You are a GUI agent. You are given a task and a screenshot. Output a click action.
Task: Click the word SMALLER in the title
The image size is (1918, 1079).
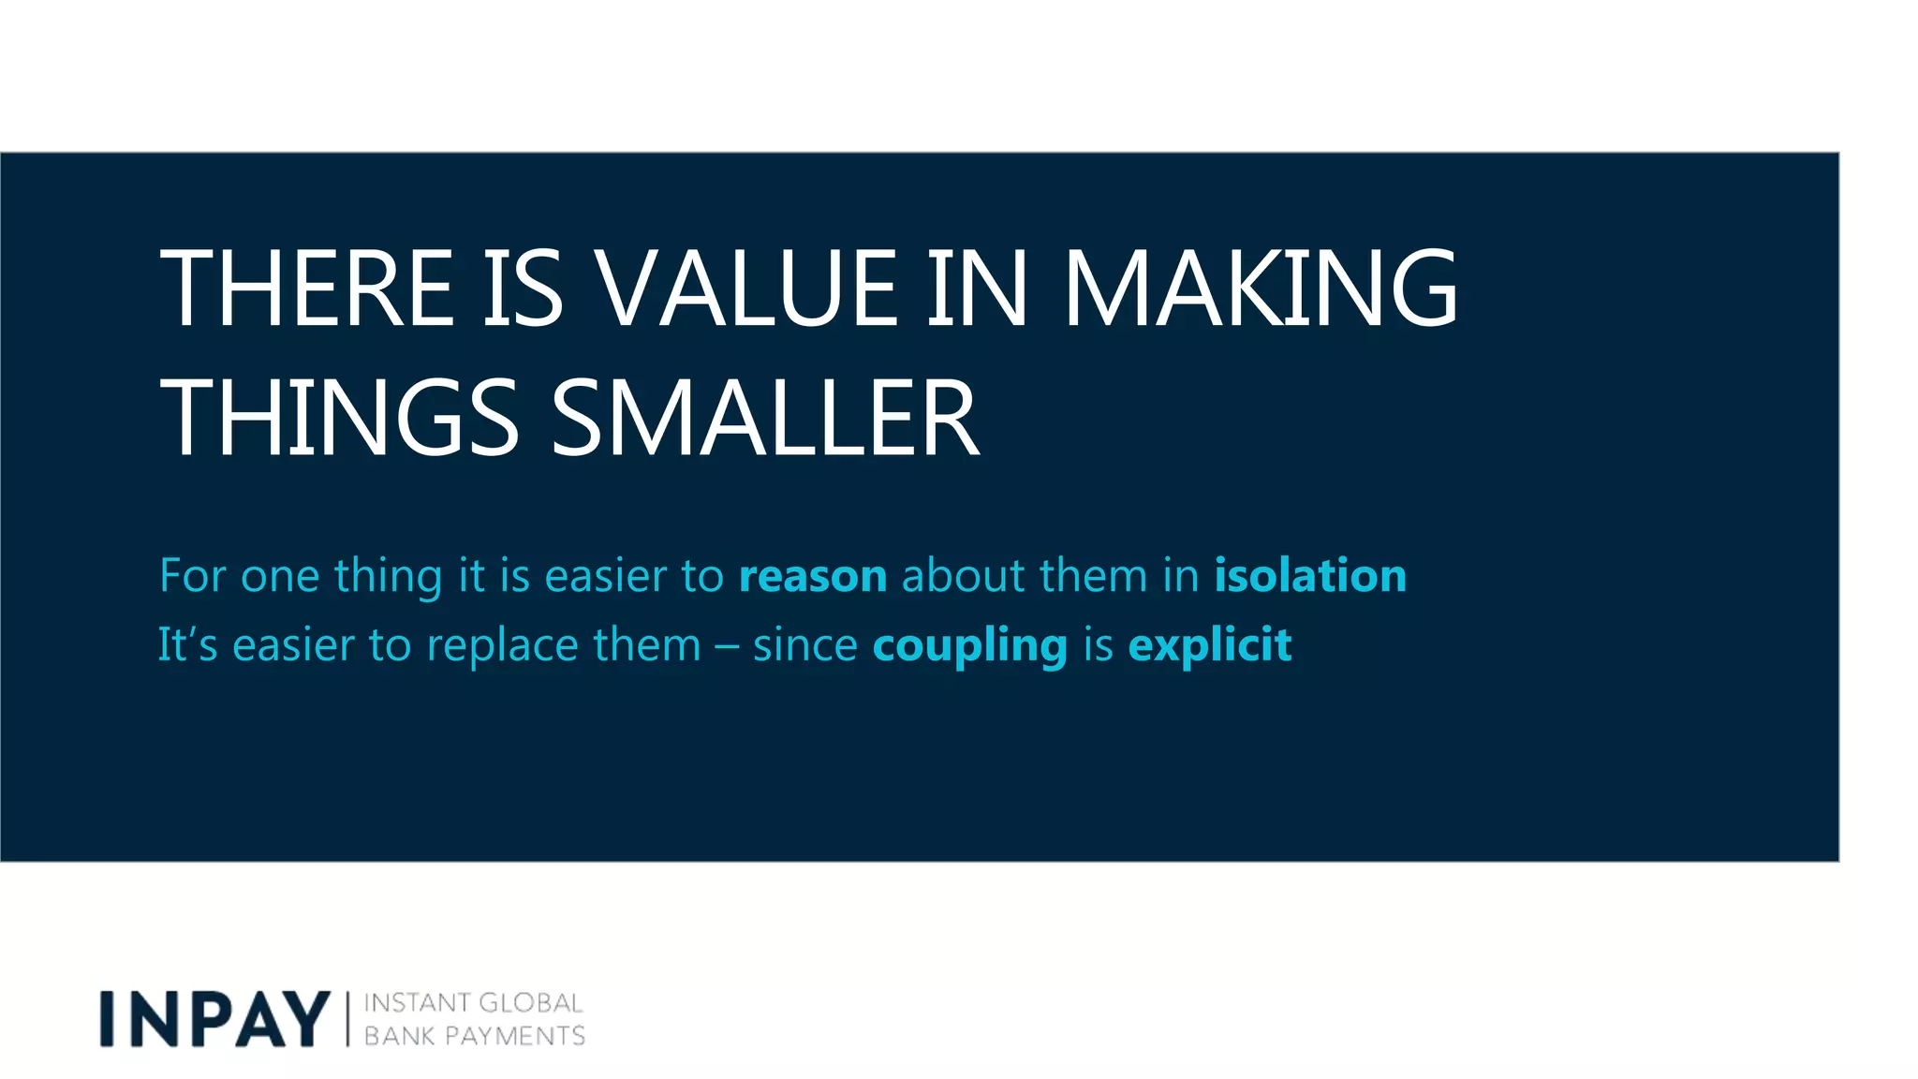[764, 418]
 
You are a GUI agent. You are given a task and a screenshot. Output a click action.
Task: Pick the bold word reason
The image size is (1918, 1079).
[813, 575]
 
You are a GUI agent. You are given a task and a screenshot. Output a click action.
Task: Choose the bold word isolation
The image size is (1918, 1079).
[1310, 575]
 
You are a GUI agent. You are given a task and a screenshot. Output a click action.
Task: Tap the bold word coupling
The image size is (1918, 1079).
[969, 645]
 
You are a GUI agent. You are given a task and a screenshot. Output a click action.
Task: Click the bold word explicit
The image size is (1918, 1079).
[1210, 645]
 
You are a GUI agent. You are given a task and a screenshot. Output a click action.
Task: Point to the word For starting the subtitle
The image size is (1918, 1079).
[192, 575]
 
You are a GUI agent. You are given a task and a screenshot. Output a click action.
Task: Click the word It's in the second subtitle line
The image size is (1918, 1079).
[187, 645]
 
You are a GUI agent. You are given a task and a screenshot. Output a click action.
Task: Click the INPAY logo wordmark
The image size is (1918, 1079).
[215, 1018]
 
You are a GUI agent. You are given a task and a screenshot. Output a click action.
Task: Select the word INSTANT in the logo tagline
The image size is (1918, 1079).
[415, 1003]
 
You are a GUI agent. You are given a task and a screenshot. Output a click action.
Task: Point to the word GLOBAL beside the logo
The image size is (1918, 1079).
[530, 1003]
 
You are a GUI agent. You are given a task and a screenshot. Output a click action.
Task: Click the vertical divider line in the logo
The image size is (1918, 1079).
[347, 1019]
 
